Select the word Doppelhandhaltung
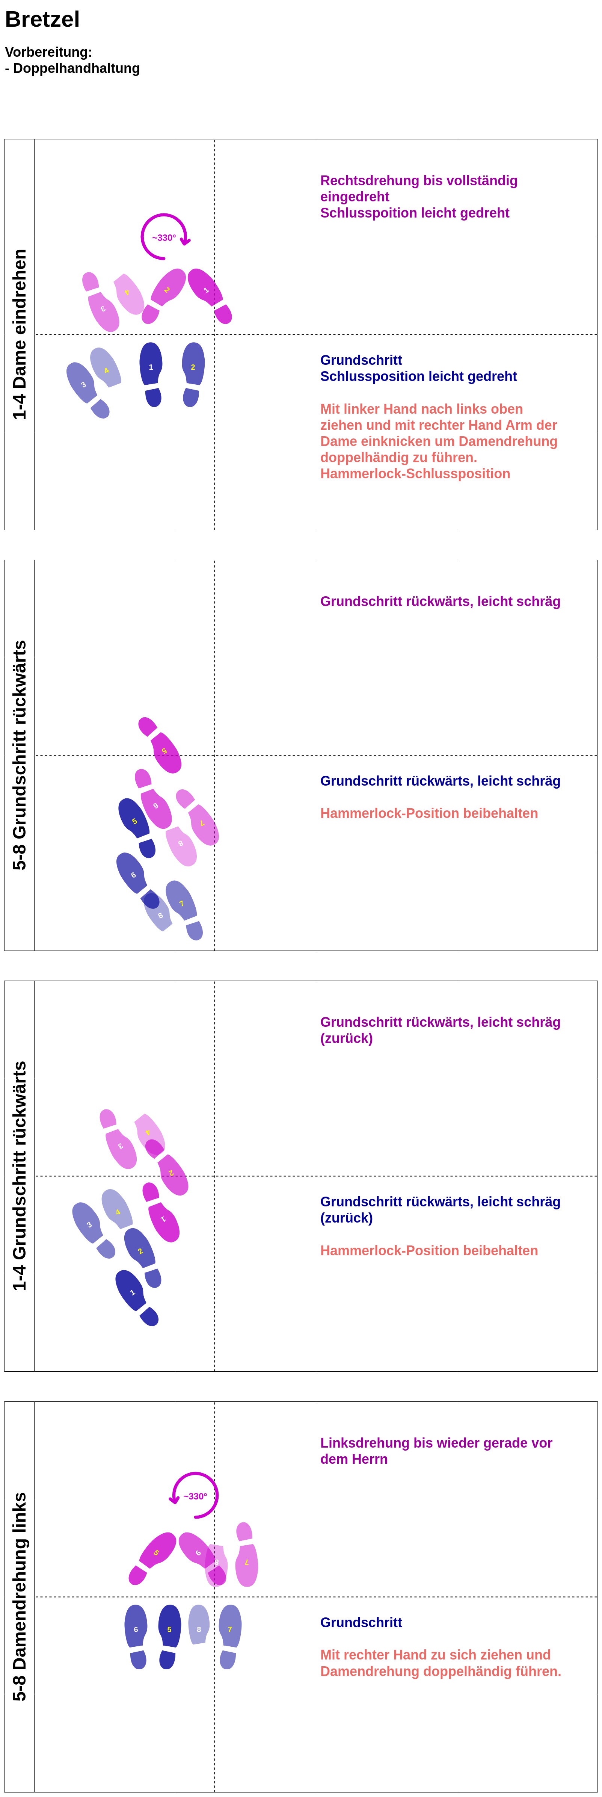point(77,68)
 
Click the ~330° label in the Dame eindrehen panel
point(164,238)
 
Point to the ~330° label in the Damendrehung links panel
point(195,1496)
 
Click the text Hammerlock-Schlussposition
point(415,474)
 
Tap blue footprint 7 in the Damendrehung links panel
point(229,1629)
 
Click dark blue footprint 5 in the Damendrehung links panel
point(169,1629)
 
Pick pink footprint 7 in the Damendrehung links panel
point(246,1563)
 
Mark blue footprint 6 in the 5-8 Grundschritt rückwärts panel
point(133,875)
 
